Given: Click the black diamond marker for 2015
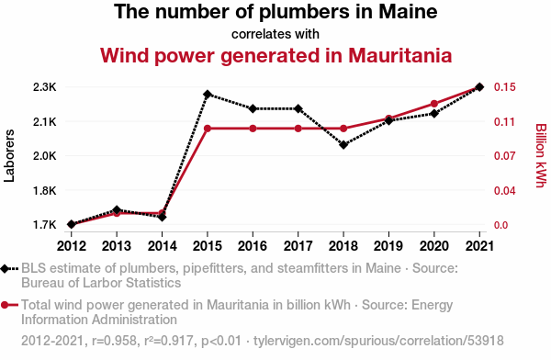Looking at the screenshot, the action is [208, 95].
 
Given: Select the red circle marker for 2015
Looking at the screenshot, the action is [208, 129].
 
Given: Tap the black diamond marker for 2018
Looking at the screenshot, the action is [343, 144].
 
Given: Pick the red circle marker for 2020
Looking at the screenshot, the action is [434, 104].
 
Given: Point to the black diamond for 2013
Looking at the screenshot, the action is [117, 210].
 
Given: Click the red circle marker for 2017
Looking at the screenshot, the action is [298, 129].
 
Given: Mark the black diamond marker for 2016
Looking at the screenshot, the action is [253, 108].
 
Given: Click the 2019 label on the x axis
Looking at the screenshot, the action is [388, 246].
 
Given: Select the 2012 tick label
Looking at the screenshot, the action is [72, 246].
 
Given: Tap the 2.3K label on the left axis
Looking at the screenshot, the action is [45, 87].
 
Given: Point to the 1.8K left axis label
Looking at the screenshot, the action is [45, 190].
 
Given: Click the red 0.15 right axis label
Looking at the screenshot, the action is [504, 87].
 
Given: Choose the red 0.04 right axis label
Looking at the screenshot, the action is [504, 190].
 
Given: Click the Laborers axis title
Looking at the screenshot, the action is [9, 156].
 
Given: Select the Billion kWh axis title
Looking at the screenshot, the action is [541, 155].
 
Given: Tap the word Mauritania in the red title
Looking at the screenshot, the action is [399, 55].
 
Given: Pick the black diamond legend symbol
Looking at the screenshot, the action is [5, 269].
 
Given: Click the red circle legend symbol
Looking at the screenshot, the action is [5, 305].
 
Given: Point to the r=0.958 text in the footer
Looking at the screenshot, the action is [114, 341].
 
